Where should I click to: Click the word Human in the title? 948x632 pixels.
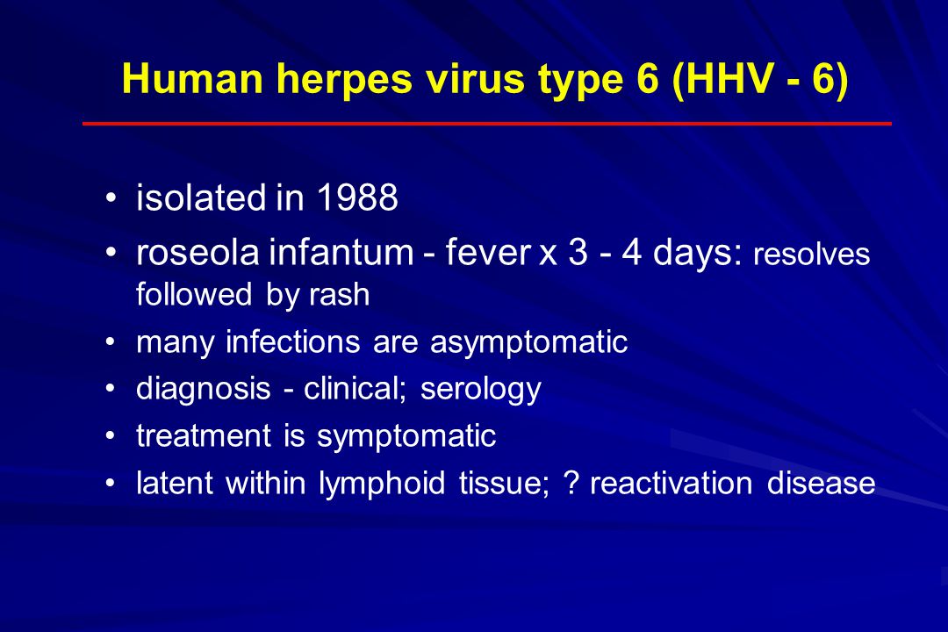[x=192, y=79]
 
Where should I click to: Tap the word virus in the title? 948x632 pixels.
[x=475, y=79]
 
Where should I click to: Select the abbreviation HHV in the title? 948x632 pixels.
[x=730, y=79]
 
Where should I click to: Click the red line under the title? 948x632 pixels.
[x=486, y=124]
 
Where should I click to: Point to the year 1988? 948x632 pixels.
[x=357, y=197]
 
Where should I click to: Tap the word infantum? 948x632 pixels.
[x=341, y=252]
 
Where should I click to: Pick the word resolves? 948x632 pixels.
[x=811, y=254]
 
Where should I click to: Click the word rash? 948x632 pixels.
[x=339, y=295]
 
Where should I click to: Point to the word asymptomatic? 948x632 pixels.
[x=528, y=343]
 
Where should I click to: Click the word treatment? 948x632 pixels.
[x=204, y=436]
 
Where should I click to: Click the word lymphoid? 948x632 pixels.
[x=382, y=484]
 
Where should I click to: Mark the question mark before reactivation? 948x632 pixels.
[x=571, y=484]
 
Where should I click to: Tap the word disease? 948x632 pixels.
[x=821, y=484]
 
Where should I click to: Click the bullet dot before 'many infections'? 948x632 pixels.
[x=110, y=342]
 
